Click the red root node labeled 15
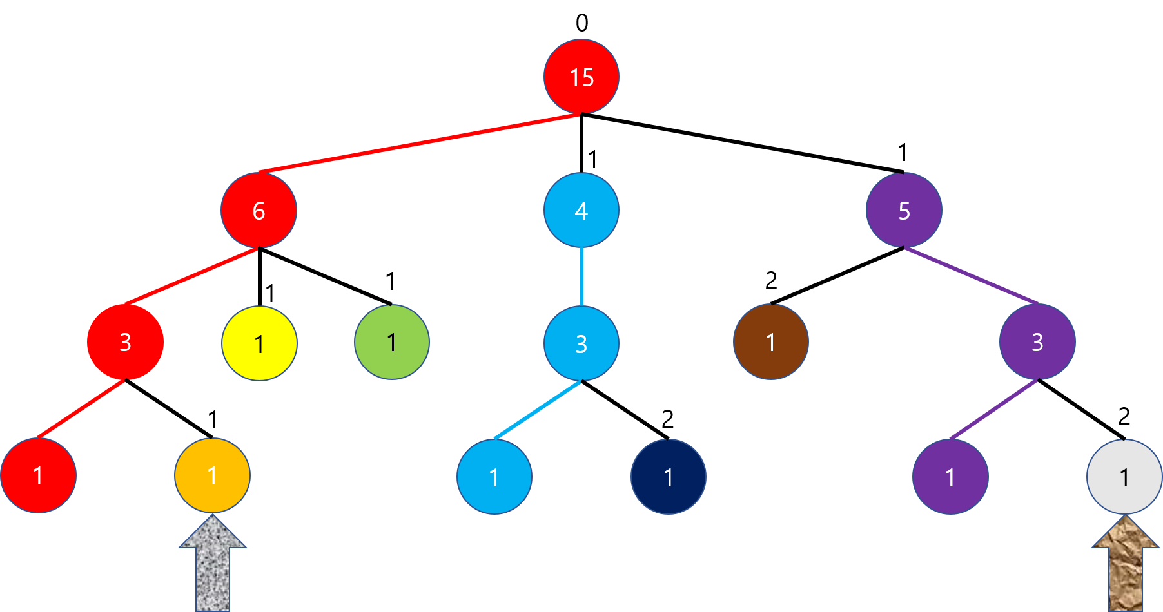[581, 77]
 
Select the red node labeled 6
[259, 210]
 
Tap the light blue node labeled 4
[581, 210]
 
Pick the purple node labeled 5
[904, 210]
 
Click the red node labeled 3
[125, 342]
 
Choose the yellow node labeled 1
[259, 343]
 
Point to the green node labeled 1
[392, 342]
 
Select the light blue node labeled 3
[581, 343]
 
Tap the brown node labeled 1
[771, 342]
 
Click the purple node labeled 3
[1037, 342]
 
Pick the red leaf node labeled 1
[39, 475]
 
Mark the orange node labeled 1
[212, 475]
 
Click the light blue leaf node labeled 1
[494, 477]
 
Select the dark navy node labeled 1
[669, 477]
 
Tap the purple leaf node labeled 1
[950, 477]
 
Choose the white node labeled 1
[1124, 477]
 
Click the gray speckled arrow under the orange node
[213, 567]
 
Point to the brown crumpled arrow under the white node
[1126, 567]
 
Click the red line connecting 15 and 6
[419, 144]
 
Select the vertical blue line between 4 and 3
[581, 277]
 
